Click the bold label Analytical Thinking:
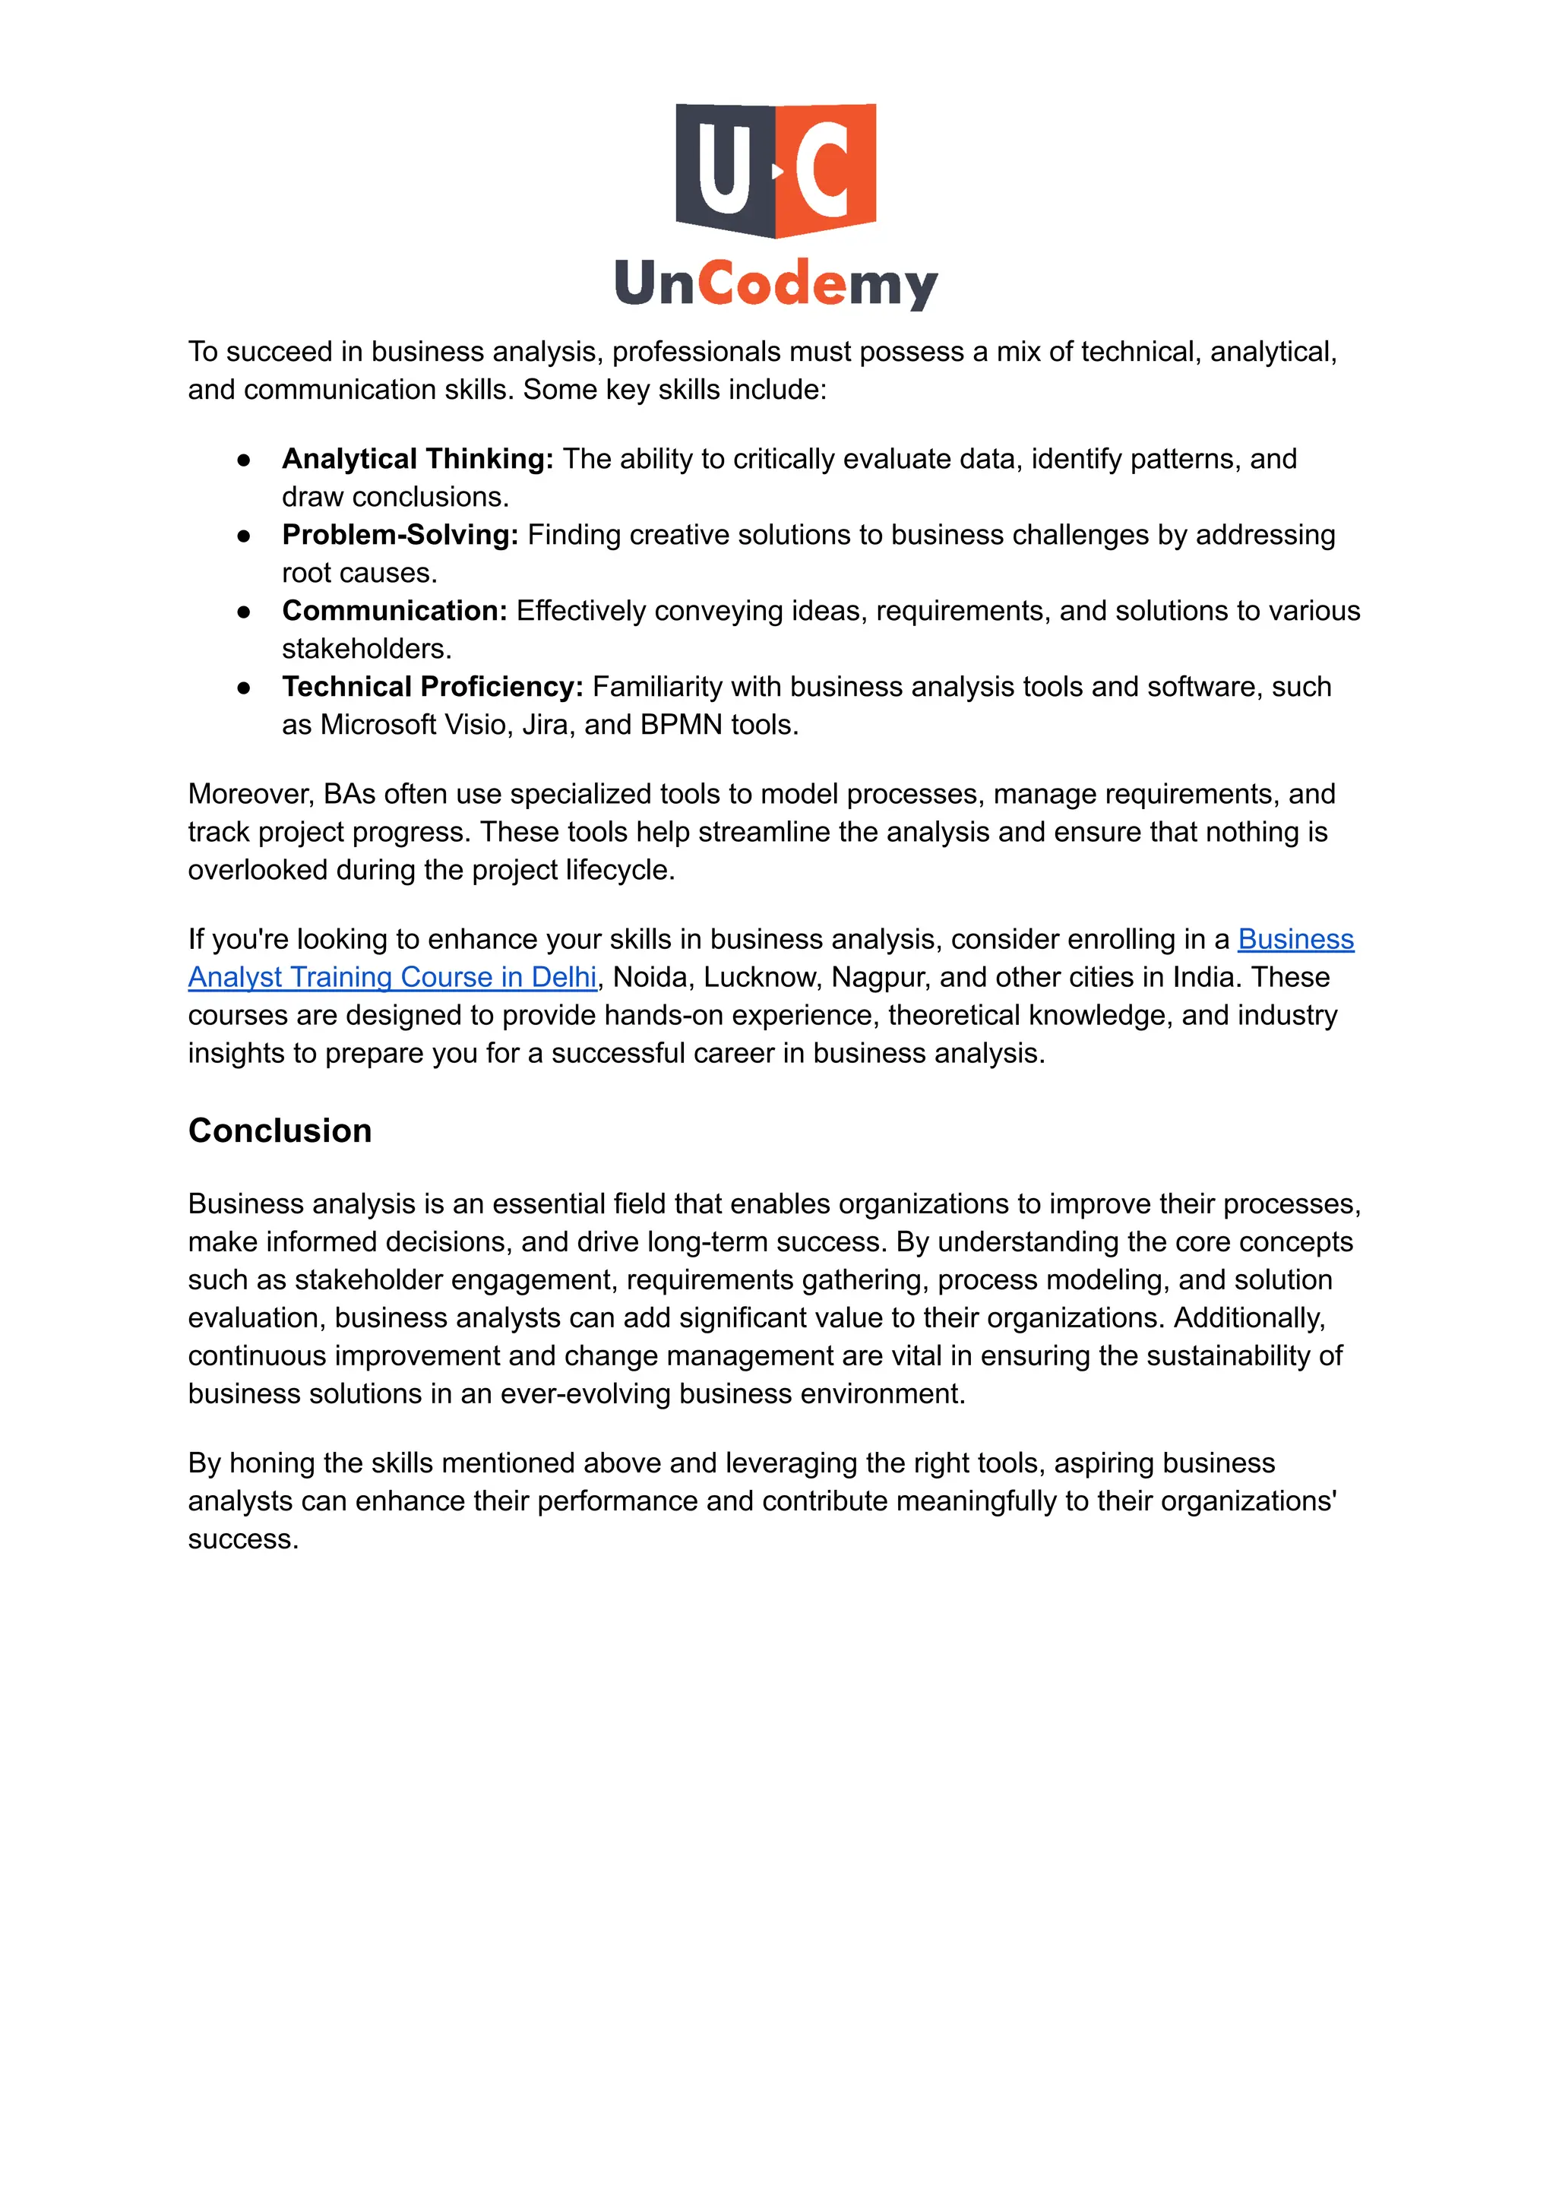418,459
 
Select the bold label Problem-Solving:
400,535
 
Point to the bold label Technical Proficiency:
432,687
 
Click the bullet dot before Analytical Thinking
245,460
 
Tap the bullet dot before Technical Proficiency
245,688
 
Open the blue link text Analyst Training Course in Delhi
392,977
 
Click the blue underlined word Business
1295,939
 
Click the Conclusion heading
280,1131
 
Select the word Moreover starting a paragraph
249,794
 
